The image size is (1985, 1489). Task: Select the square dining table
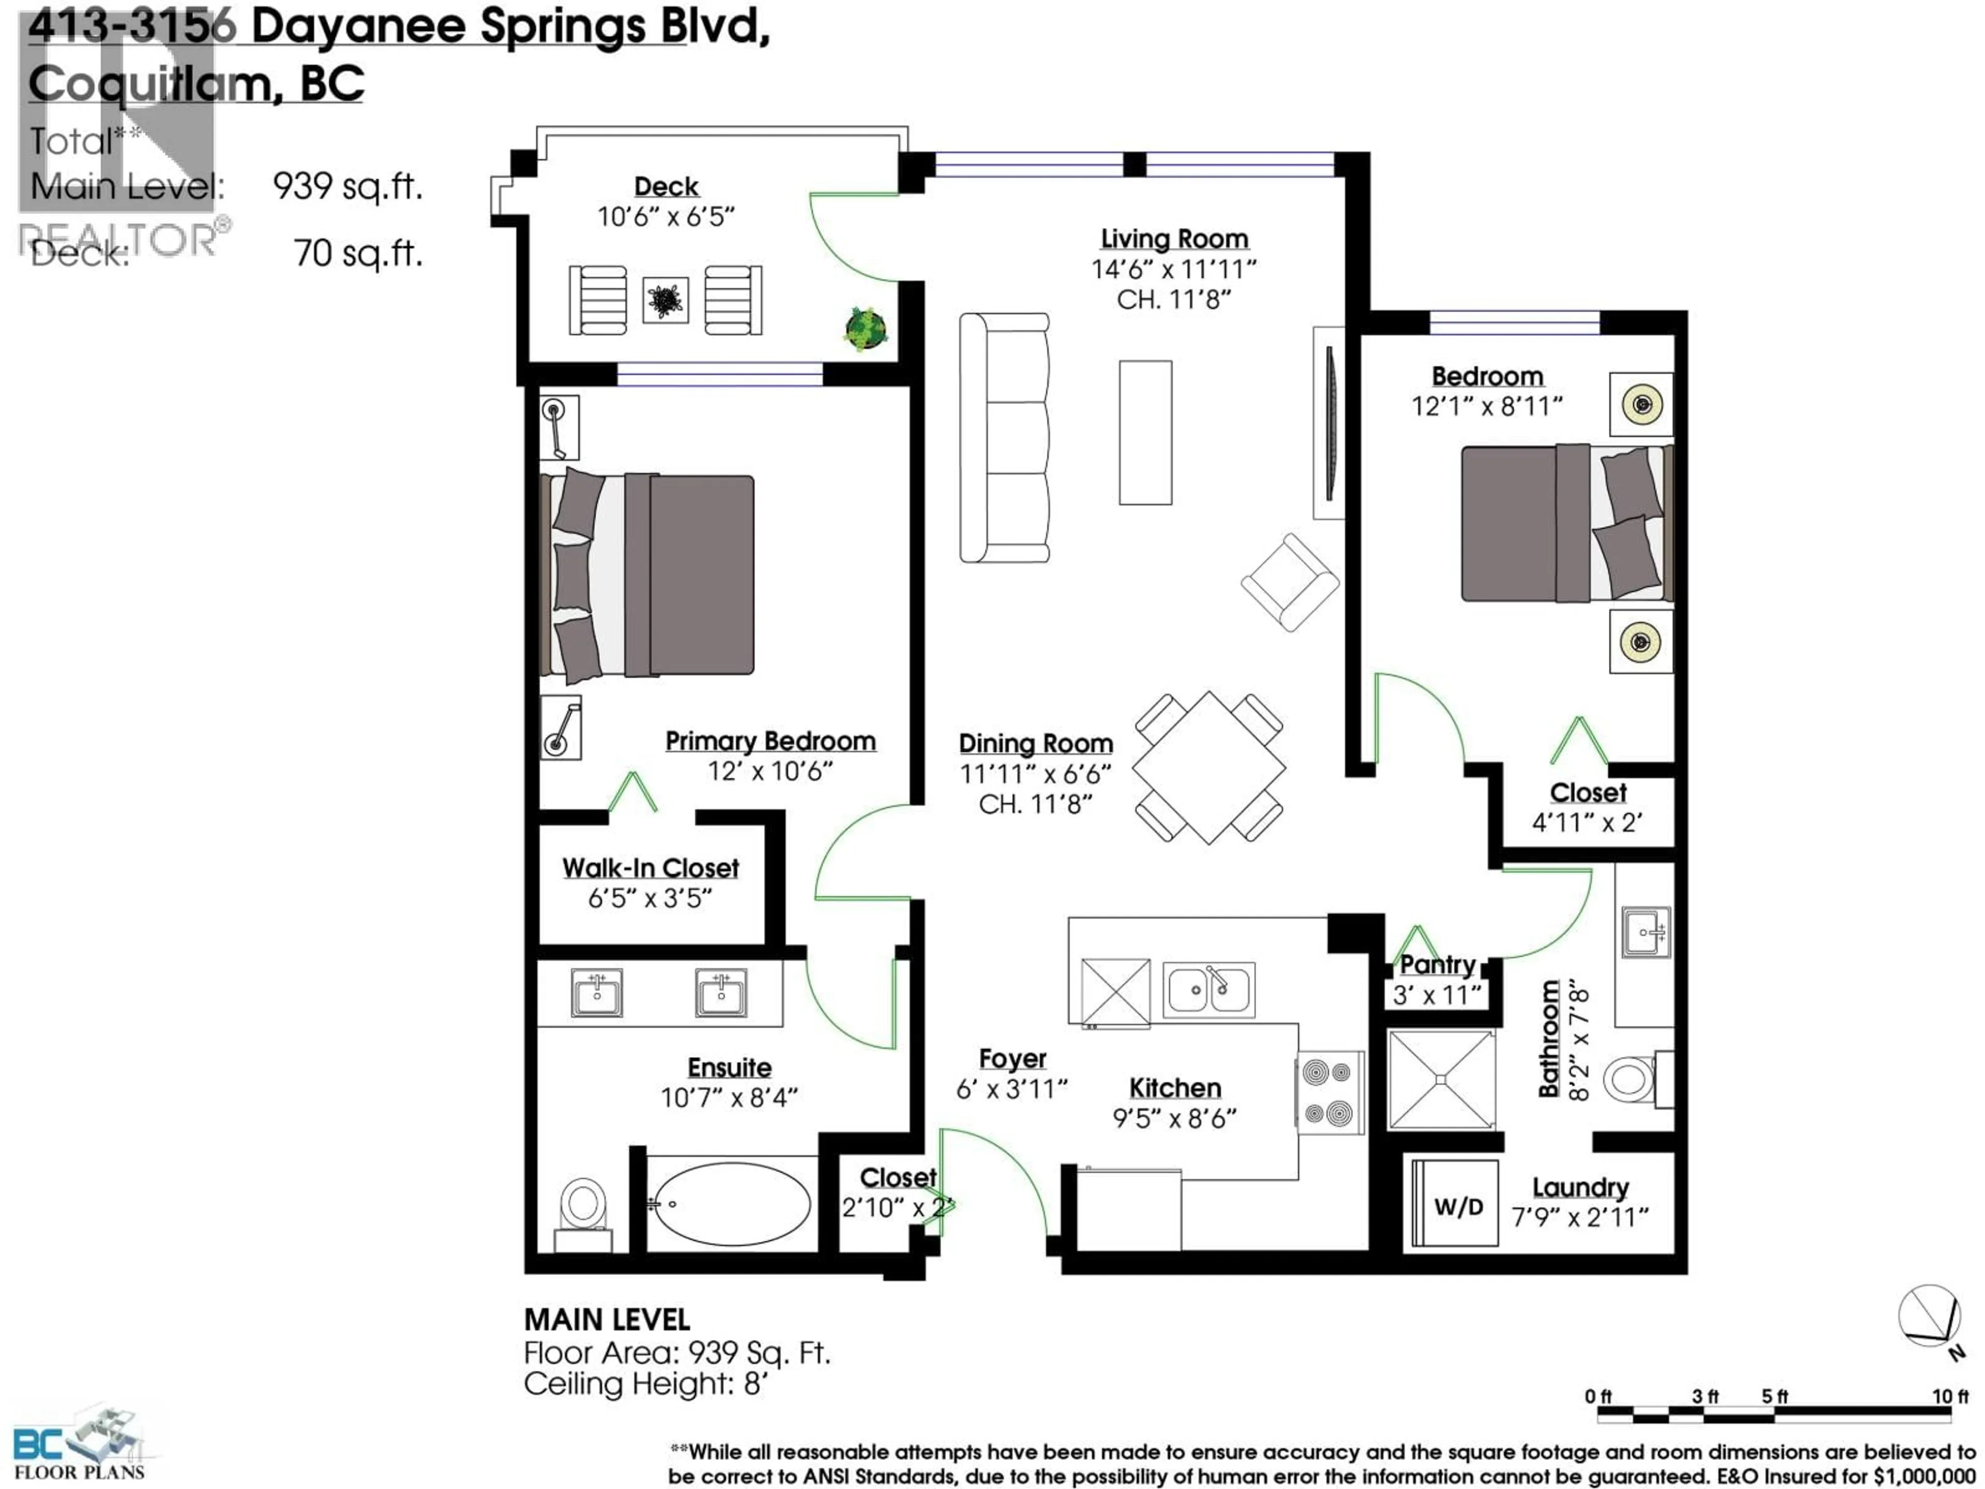tap(1208, 767)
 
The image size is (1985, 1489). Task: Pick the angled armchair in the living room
tap(1290, 583)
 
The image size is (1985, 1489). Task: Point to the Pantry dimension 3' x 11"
tap(1437, 994)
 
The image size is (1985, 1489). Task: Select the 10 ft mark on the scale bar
tap(1949, 1396)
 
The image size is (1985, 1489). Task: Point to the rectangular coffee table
tap(1145, 433)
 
